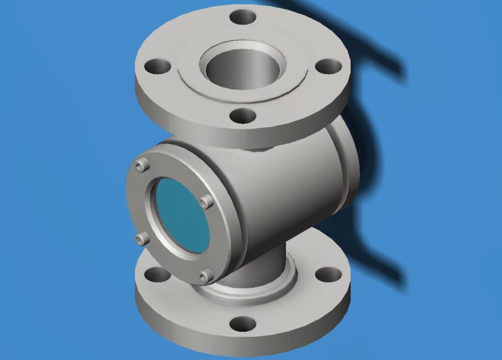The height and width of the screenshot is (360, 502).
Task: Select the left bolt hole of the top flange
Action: coord(158,65)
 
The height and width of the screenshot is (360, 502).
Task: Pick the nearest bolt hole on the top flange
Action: coord(243,116)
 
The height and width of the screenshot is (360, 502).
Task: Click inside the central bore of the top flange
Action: coord(243,69)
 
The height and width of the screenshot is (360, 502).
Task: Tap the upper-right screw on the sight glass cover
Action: coord(207,201)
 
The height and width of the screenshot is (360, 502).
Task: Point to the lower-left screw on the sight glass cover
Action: coord(142,239)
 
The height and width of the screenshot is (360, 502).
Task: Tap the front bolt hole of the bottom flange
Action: coord(243,324)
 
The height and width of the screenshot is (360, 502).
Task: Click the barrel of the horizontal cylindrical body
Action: coord(289,196)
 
